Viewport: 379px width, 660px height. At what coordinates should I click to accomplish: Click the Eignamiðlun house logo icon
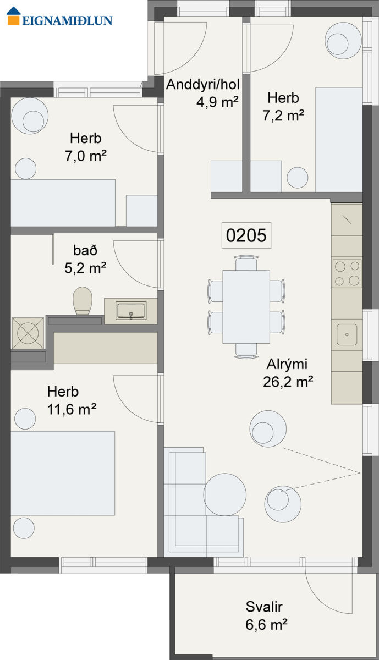tap(14, 16)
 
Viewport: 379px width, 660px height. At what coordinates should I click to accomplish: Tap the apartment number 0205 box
tap(246, 235)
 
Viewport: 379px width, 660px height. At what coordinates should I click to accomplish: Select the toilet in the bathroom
tap(83, 301)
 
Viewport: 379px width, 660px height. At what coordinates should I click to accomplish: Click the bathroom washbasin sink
tap(131, 311)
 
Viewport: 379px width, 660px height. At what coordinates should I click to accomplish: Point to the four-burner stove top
tap(347, 274)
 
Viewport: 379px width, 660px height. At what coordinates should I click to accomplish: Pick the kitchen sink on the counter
tap(347, 335)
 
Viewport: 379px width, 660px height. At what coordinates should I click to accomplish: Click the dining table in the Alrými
tap(246, 307)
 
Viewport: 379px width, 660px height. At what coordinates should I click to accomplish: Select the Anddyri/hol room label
tap(203, 85)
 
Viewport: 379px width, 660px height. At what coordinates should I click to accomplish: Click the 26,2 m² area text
tap(288, 382)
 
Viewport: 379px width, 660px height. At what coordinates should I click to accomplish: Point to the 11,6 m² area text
tap(72, 409)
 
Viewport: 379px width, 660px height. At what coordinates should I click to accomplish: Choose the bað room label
tap(85, 250)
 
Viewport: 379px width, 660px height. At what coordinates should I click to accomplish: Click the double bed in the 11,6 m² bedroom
tap(63, 474)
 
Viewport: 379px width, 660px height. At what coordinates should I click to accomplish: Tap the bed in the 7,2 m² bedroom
tap(339, 139)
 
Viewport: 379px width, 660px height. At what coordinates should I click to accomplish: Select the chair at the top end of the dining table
tap(246, 263)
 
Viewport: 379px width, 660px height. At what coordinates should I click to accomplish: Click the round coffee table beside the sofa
tap(224, 494)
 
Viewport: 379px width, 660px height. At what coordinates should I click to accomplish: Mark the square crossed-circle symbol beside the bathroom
tap(28, 333)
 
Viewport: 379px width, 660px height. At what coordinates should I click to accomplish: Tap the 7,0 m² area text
tap(86, 156)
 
